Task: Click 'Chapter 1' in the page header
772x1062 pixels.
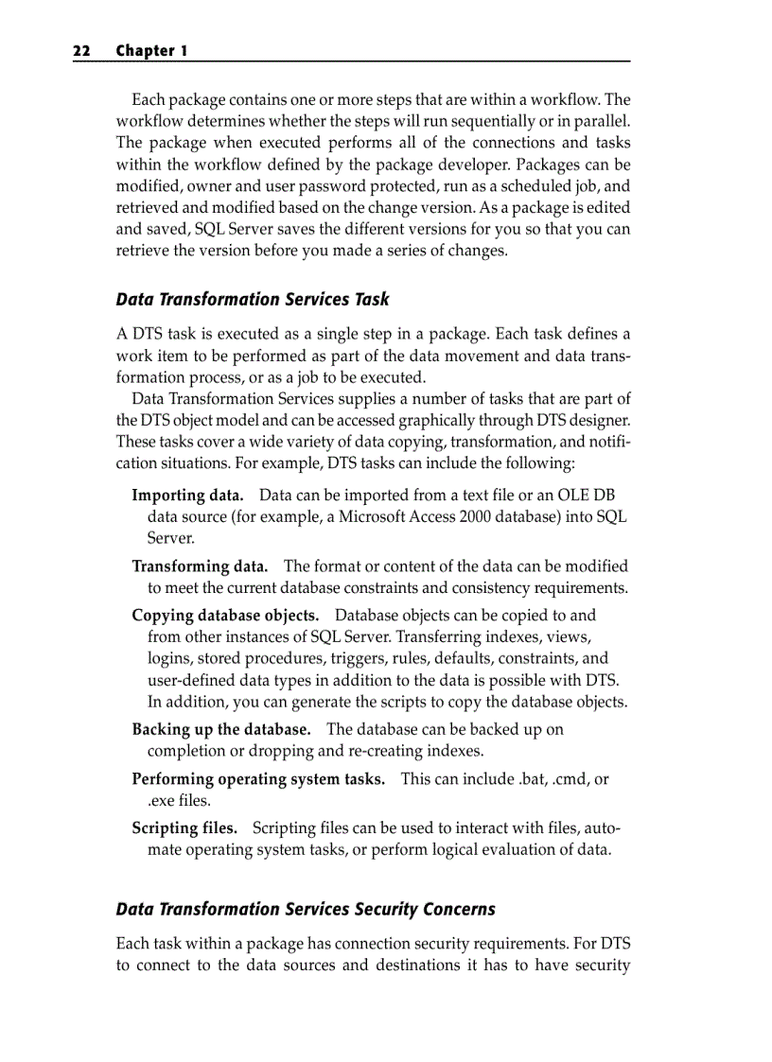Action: click(x=151, y=51)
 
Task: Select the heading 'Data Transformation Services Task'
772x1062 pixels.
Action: click(x=252, y=299)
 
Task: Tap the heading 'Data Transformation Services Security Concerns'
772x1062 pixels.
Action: click(x=306, y=909)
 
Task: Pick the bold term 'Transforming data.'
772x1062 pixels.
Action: click(x=200, y=566)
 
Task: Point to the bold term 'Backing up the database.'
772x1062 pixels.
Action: click(x=221, y=729)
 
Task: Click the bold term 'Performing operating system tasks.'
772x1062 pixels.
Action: click(x=258, y=779)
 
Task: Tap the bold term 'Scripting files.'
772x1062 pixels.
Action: click(x=184, y=828)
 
